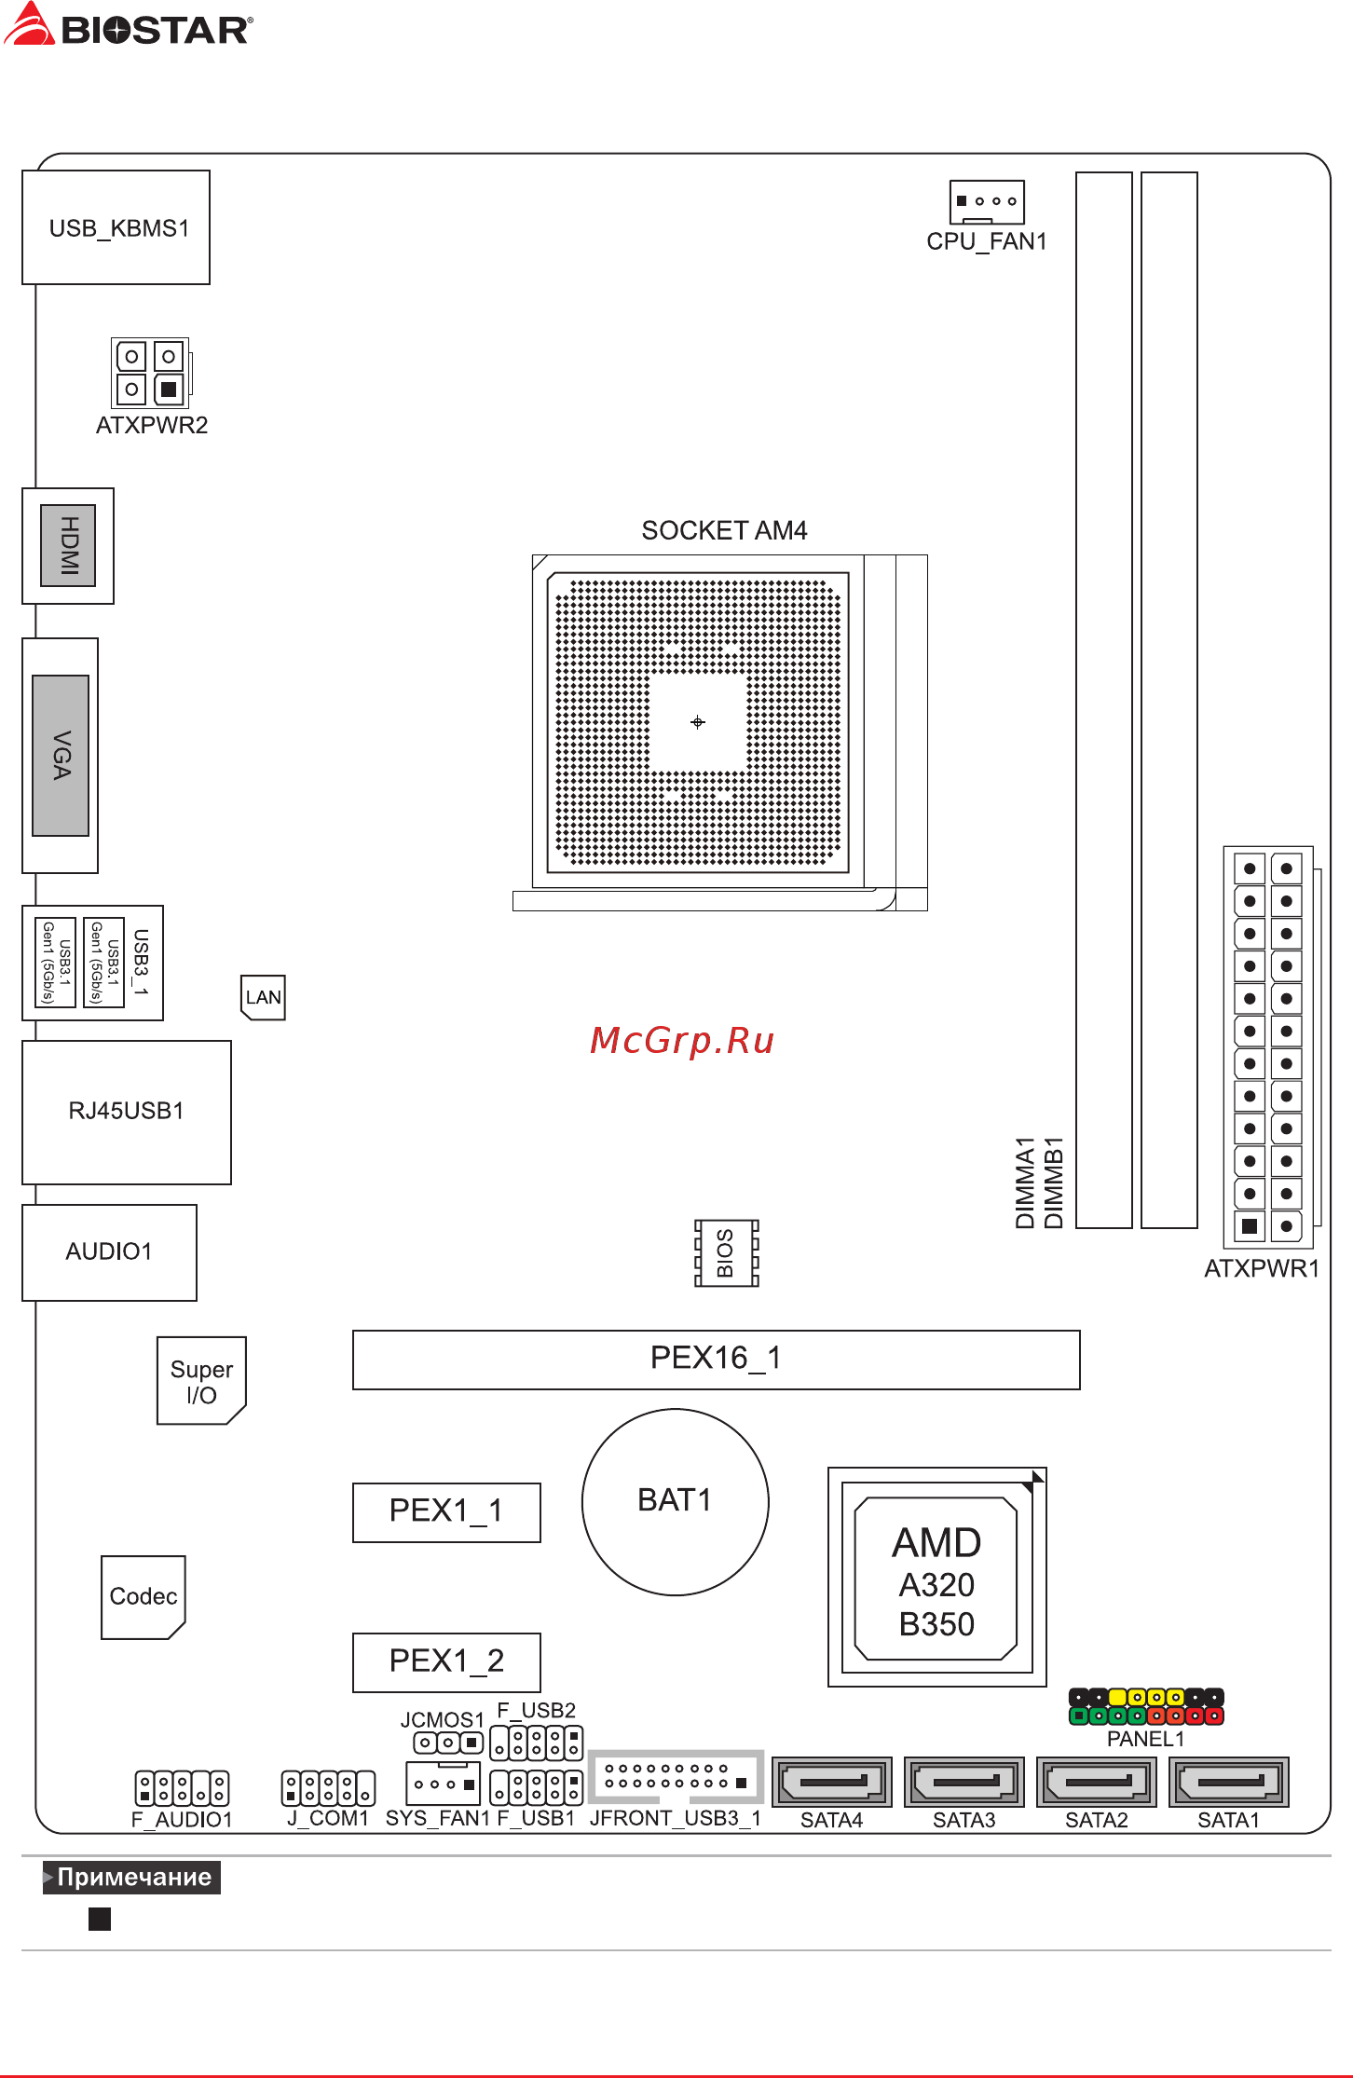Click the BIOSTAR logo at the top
[x=128, y=25]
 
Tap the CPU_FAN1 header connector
[x=987, y=201]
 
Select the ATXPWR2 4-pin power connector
[x=150, y=373]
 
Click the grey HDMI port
[x=68, y=545]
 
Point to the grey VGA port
[x=61, y=756]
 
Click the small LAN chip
[x=263, y=997]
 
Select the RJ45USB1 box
[x=127, y=1112]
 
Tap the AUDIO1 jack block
[x=109, y=1251]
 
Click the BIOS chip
[x=727, y=1252]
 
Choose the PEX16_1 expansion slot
[x=716, y=1360]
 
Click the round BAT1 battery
[x=676, y=1501]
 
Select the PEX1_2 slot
[x=446, y=1661]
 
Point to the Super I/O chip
[x=201, y=1381]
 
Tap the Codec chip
[x=143, y=1597]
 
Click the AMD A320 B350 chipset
[x=936, y=1578]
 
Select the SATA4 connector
[x=832, y=1782]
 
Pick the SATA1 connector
[x=1229, y=1782]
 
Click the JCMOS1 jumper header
[x=448, y=1742]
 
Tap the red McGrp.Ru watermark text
[x=682, y=1041]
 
